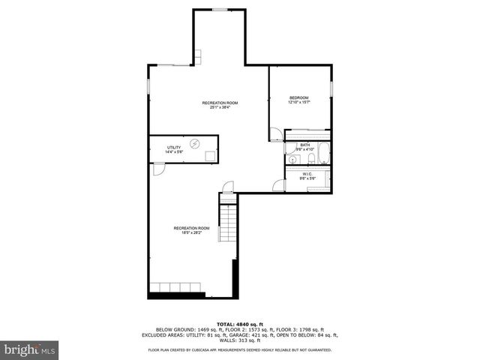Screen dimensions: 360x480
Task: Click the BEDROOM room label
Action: pyautogui.click(x=300, y=97)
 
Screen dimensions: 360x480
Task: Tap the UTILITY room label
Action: pyautogui.click(x=174, y=147)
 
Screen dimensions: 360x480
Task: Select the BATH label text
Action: pyautogui.click(x=305, y=145)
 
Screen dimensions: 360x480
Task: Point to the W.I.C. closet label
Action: pyautogui.click(x=307, y=173)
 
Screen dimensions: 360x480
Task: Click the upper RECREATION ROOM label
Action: pyautogui.click(x=220, y=103)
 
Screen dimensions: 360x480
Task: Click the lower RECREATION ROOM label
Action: pyautogui.click(x=190, y=228)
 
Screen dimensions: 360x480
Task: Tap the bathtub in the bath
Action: pyautogui.click(x=323, y=156)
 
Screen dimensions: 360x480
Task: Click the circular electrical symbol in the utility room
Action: pyautogui.click(x=195, y=143)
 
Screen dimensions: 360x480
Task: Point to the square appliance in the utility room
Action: pyautogui.click(x=211, y=155)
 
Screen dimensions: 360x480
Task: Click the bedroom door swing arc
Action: pyautogui.click(x=276, y=134)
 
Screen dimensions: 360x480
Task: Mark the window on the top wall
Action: pyautogui.click(x=220, y=10)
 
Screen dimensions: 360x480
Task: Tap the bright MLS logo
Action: pyautogui.click(x=29, y=349)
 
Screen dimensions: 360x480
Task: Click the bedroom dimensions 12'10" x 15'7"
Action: pyautogui.click(x=300, y=103)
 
